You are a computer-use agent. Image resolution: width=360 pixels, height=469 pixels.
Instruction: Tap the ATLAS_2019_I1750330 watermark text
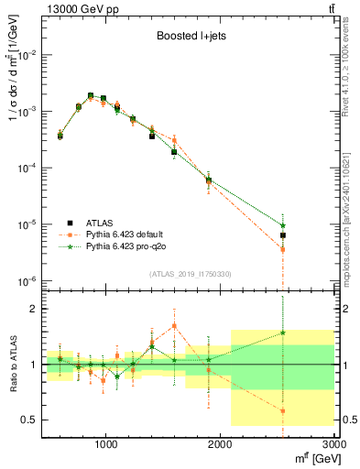[x=190, y=274]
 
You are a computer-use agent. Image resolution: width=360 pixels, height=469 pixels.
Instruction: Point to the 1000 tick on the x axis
[x=106, y=443]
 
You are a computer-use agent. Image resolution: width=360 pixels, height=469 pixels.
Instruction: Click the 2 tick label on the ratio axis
[x=34, y=309]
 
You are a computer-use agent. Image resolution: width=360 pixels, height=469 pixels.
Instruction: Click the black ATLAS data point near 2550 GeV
[x=283, y=235]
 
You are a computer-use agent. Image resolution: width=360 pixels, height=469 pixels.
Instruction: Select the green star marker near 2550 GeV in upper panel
[x=283, y=225]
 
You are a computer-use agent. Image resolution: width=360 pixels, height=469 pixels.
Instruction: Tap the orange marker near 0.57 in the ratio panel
[x=283, y=411]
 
